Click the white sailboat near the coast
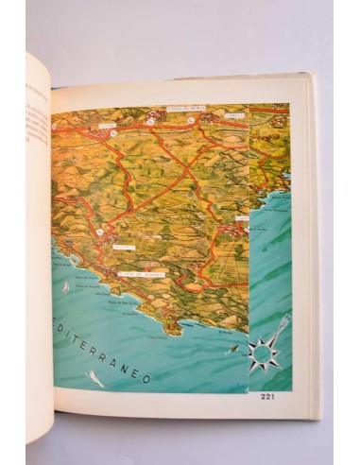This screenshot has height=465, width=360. pyautogui.click(x=64, y=284)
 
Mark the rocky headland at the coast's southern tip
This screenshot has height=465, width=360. pyautogui.click(x=172, y=326)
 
